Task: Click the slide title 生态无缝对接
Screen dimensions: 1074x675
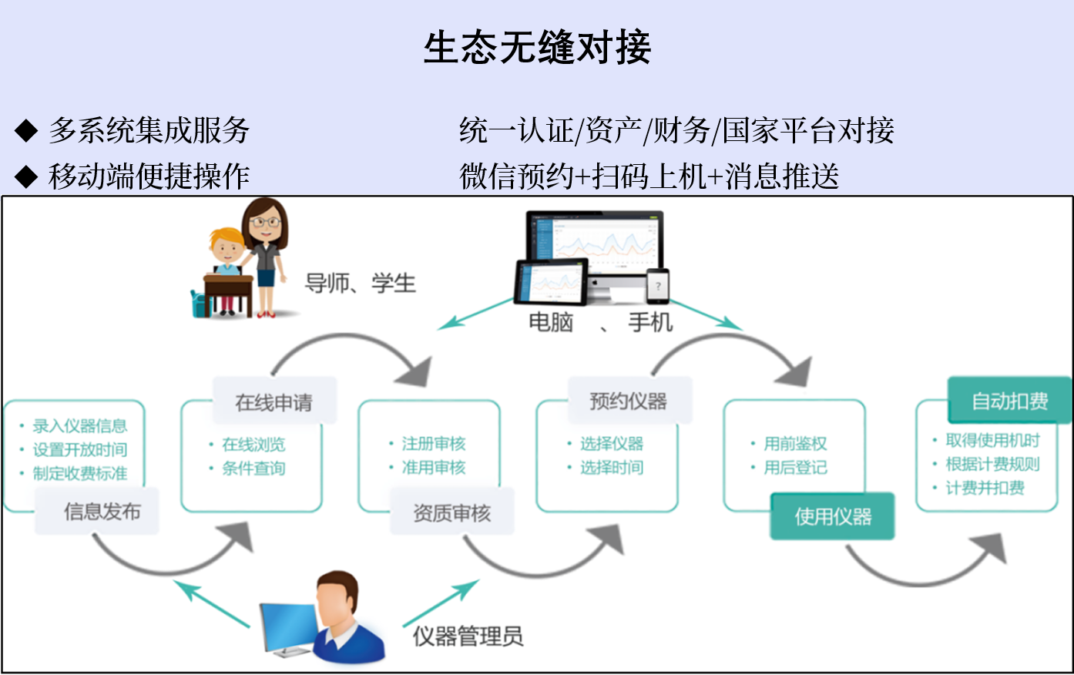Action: coord(537,47)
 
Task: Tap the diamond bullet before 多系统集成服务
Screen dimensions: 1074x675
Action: coord(26,130)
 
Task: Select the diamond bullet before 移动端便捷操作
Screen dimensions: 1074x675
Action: coord(26,176)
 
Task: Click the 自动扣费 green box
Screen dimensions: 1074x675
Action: coord(1009,401)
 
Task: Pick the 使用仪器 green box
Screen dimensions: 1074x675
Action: coord(832,516)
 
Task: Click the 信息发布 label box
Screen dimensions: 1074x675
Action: coord(97,511)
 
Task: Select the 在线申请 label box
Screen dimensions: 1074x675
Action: coord(274,401)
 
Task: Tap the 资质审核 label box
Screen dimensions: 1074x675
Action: coord(451,512)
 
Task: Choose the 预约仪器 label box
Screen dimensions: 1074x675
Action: coord(629,401)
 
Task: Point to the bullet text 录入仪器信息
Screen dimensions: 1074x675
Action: coord(79,425)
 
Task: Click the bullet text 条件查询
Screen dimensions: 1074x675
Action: coord(253,468)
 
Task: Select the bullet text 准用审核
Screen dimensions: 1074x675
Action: coord(434,467)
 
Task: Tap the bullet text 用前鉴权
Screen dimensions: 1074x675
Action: coord(795,443)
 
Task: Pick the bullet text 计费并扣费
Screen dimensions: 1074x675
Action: coord(985,488)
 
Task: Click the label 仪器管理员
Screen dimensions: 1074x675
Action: coord(468,636)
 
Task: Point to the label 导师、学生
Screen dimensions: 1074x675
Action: coord(360,283)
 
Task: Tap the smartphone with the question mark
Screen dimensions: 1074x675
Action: coord(658,287)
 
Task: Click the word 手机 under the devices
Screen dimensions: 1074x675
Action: coord(650,321)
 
